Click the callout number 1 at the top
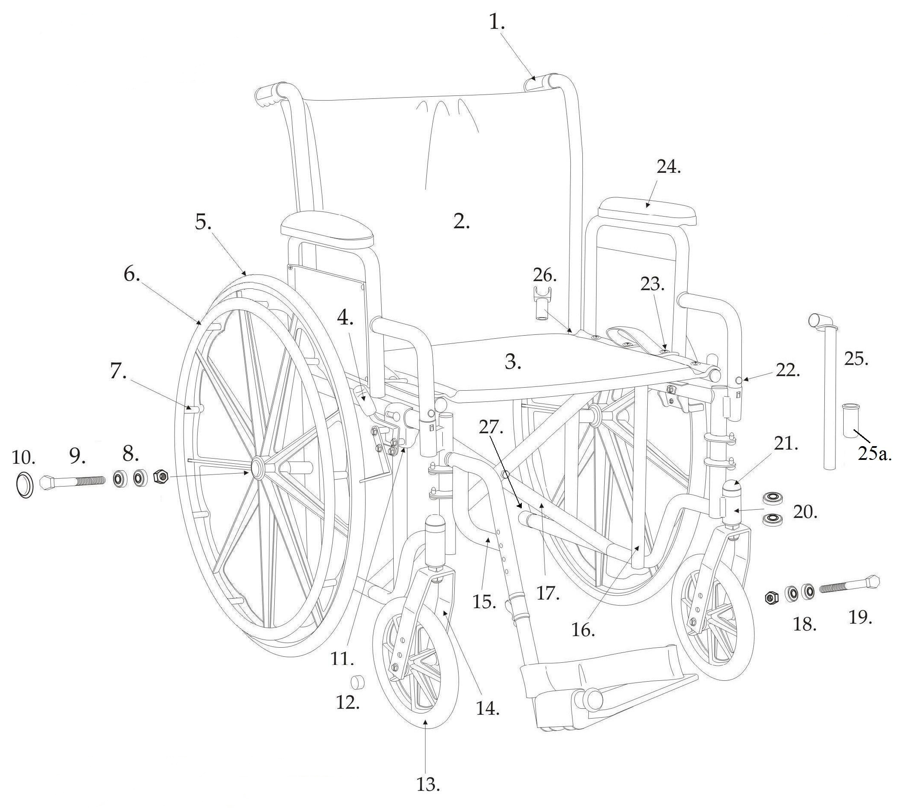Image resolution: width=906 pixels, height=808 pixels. click(497, 22)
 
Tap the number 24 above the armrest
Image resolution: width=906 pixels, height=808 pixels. click(668, 168)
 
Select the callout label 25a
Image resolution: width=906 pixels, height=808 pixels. click(875, 454)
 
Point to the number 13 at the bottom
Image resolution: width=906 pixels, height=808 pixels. click(428, 785)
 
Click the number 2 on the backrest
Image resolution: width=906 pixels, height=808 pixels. click(461, 221)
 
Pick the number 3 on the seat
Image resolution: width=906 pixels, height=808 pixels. click(513, 362)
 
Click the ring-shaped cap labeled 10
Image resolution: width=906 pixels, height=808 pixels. click(24, 485)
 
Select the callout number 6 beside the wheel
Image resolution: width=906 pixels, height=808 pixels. click(132, 274)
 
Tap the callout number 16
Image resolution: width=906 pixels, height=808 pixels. click(583, 630)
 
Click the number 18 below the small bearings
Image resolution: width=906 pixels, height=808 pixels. click(804, 624)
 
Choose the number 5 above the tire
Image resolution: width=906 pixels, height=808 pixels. click(203, 222)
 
